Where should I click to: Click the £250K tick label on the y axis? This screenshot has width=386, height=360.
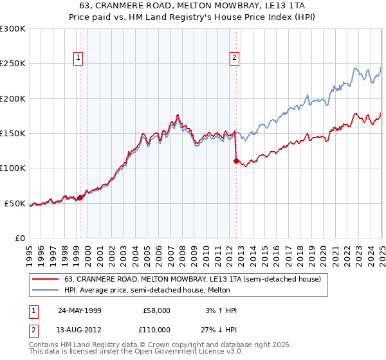click(x=13, y=64)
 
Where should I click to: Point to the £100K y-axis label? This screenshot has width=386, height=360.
click(x=13, y=168)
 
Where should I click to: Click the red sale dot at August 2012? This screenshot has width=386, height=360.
click(x=236, y=161)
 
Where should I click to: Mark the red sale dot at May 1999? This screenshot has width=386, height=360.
click(x=80, y=197)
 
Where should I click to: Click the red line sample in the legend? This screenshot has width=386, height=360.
click(x=46, y=279)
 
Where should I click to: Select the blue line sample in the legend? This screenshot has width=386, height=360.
click(x=46, y=291)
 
